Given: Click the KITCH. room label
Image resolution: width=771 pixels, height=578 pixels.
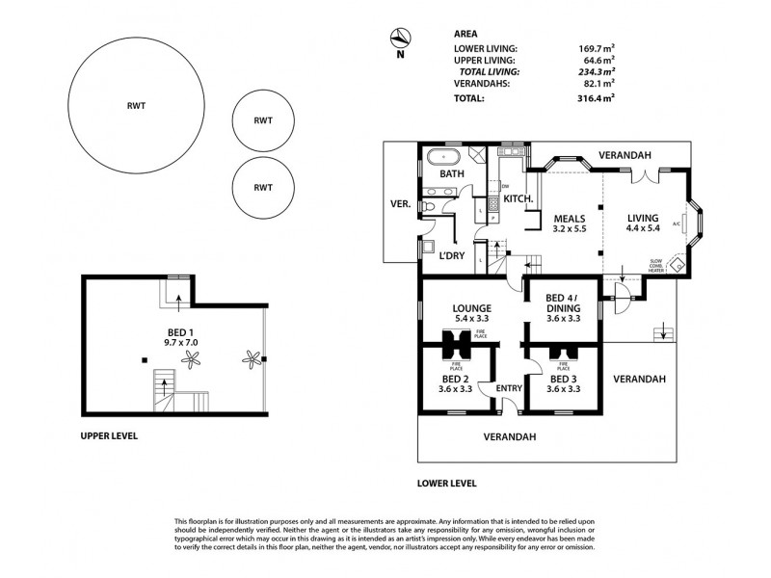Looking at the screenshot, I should coord(518,198).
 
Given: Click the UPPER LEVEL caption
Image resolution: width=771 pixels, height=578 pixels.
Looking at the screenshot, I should coord(109,435).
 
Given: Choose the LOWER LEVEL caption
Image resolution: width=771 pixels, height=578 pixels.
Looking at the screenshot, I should coord(446,484).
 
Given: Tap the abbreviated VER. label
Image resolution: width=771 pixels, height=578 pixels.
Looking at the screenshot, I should coord(399,204).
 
